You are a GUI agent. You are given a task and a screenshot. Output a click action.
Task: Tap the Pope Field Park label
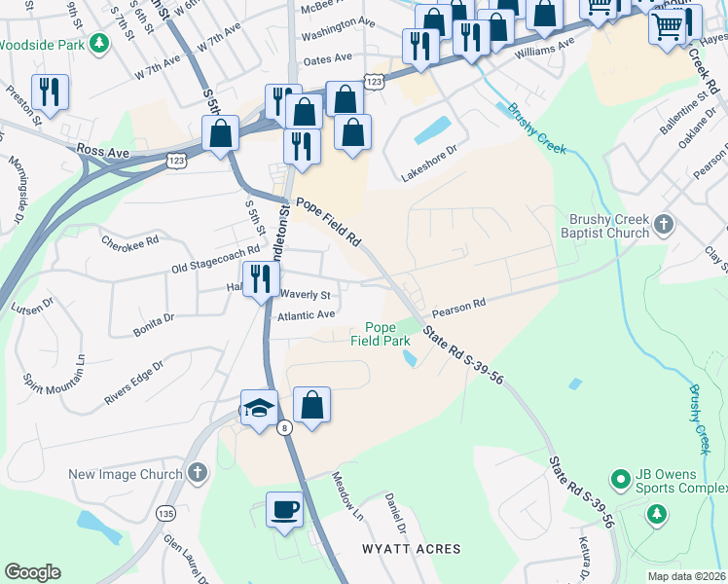(x=381, y=334)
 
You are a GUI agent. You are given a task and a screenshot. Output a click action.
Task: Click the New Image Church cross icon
(x=198, y=474)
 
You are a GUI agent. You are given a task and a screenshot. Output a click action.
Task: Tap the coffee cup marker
(x=284, y=509)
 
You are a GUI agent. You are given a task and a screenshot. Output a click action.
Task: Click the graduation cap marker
(x=260, y=408)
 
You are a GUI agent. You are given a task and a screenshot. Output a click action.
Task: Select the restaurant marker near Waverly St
(x=260, y=280)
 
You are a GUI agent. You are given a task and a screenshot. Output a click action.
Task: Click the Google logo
(x=32, y=572)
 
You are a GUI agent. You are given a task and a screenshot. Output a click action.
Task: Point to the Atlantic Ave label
(x=306, y=315)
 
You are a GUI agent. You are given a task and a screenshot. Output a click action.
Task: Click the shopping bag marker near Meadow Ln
(x=311, y=405)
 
